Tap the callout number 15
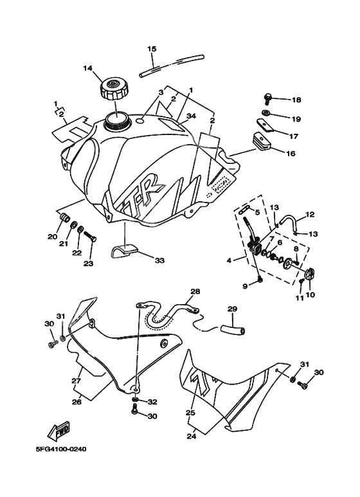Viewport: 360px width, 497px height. [152, 49]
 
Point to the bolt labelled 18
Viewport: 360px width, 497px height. [268, 98]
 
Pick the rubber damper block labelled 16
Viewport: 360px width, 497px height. [261, 140]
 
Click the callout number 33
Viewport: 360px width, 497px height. [159, 260]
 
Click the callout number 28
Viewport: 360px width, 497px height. [195, 291]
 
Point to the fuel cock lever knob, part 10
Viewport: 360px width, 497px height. [310, 274]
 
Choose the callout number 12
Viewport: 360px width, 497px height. [310, 215]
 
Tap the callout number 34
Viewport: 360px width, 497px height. [191, 116]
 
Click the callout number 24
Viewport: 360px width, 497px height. [191, 437]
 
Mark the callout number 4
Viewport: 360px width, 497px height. [229, 260]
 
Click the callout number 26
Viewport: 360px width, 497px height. [76, 402]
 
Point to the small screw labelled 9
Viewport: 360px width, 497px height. [260, 279]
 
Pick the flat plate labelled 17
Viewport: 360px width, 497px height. [265, 125]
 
